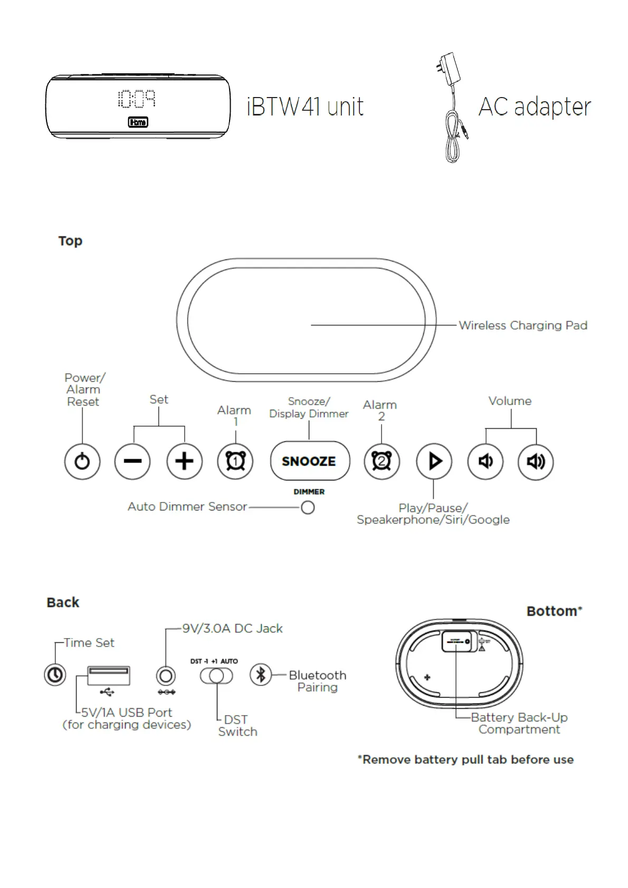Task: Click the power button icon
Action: [82, 461]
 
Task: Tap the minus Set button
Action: [132, 461]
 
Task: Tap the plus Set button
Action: [184, 461]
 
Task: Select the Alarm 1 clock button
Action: [235, 461]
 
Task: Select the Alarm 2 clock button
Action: [382, 461]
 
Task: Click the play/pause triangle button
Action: [434, 461]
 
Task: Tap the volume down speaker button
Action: [485, 461]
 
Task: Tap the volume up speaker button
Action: [536, 461]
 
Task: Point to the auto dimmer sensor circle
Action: [308, 507]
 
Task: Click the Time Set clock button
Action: [55, 675]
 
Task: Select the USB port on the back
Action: [108, 675]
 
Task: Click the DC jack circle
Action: [166, 675]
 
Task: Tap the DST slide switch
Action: [216, 675]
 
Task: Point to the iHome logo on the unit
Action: [138, 122]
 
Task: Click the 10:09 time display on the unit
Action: [137, 99]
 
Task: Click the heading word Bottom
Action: [552, 611]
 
